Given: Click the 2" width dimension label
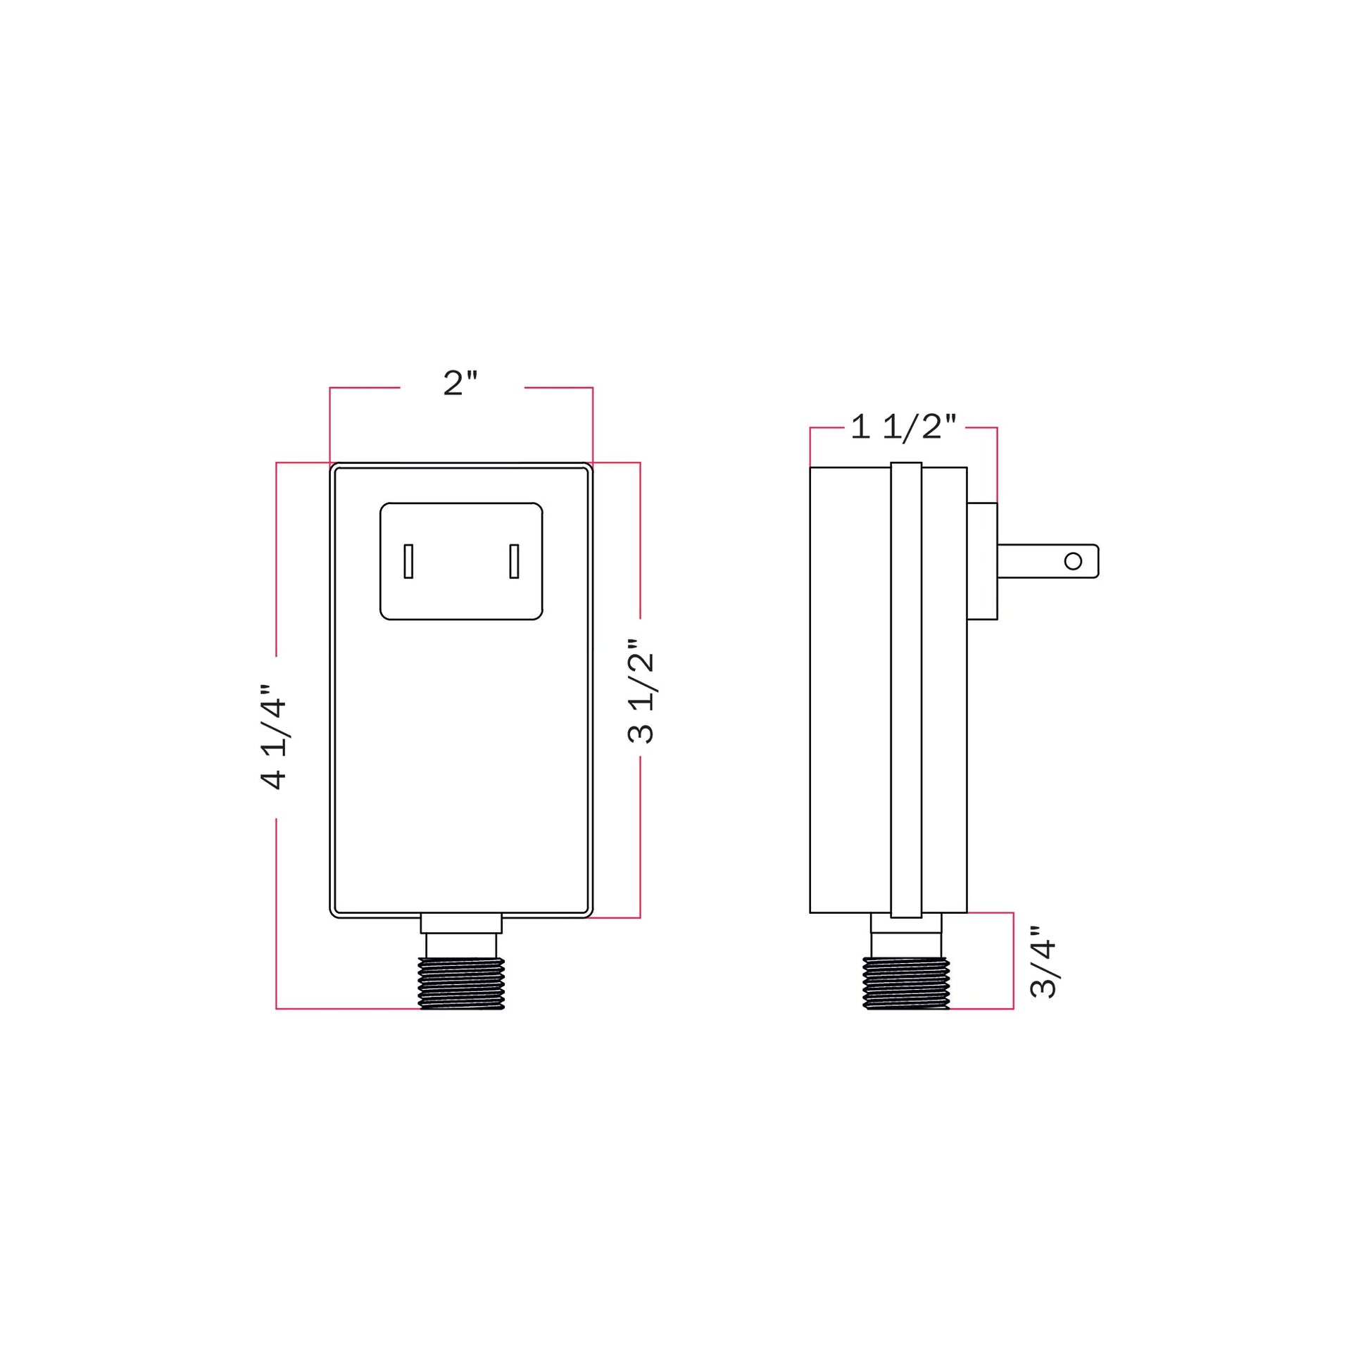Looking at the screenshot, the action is tap(461, 383).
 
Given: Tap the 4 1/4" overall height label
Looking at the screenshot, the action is tap(273, 737).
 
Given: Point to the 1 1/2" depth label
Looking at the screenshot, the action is tap(904, 427).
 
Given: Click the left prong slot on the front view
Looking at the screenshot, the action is tap(408, 561).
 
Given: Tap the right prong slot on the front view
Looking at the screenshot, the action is tap(514, 561).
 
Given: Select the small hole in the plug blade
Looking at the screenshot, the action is tap(1074, 562).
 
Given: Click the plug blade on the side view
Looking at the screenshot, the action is tap(1048, 561).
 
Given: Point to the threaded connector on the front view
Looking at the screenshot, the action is tap(462, 983).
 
